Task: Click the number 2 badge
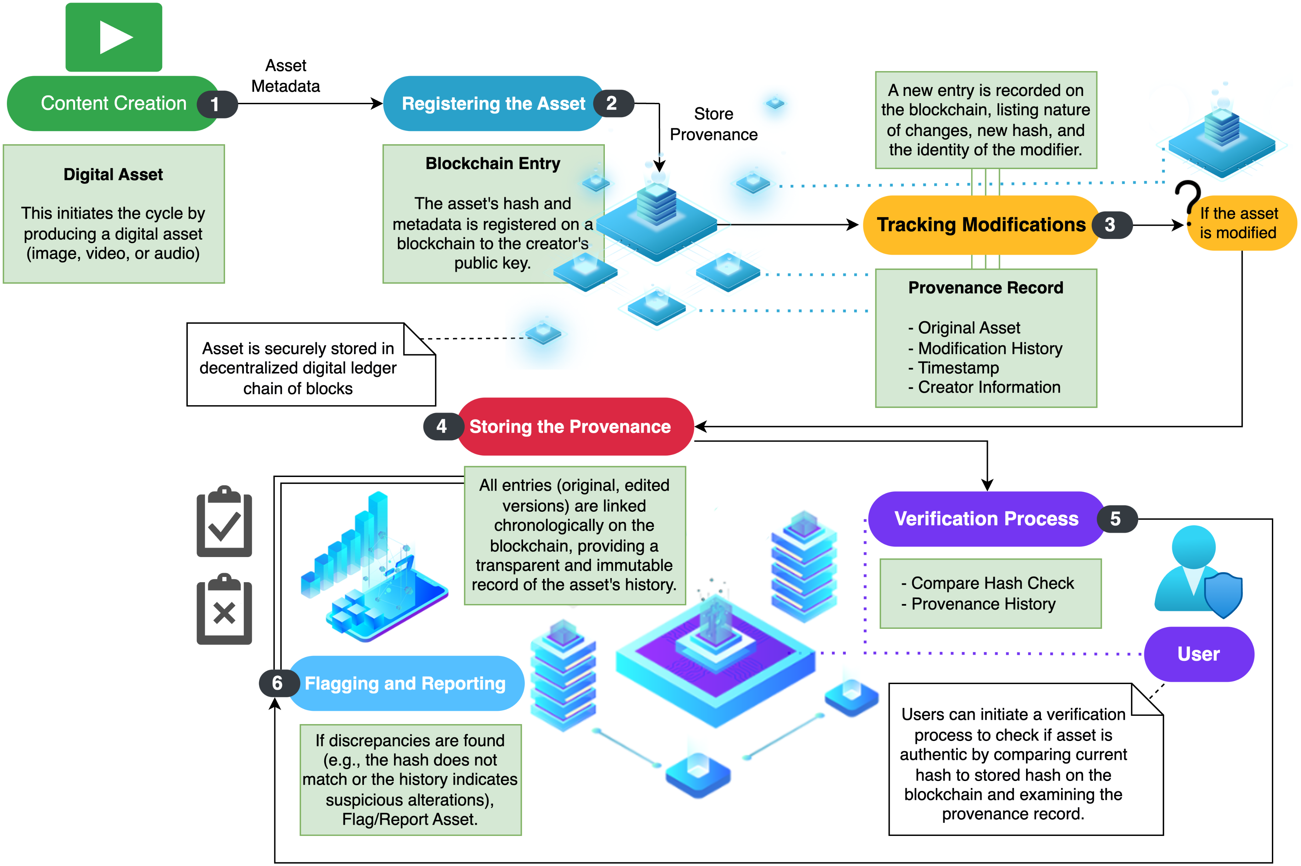pyautogui.click(x=611, y=103)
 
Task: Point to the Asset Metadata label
pyautogui.click(x=286, y=76)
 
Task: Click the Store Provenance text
pyautogui.click(x=713, y=124)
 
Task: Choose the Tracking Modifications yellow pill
pyautogui.click(x=981, y=225)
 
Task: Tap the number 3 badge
pyautogui.click(x=1110, y=225)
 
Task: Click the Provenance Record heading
pyautogui.click(x=986, y=288)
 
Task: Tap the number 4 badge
pyautogui.click(x=441, y=426)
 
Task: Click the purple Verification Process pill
pyautogui.click(x=986, y=519)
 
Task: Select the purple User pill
pyautogui.click(x=1198, y=654)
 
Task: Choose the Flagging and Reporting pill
pyautogui.click(x=405, y=683)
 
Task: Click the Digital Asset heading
pyautogui.click(x=113, y=175)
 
